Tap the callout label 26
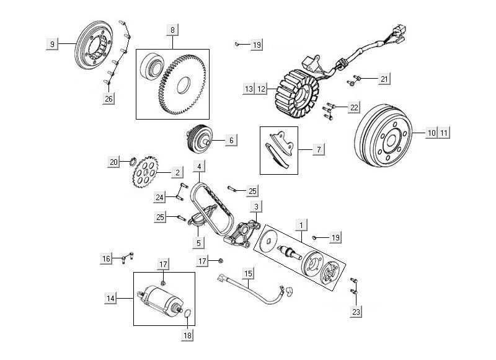tap(109, 98)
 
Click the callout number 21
tap(384, 79)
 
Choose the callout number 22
tap(354, 108)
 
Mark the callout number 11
tap(444, 133)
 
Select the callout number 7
tap(319, 149)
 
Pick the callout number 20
tap(113, 162)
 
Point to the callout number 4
tap(199, 167)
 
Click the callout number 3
tap(257, 205)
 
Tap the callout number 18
tap(187, 335)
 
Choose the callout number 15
tap(248, 273)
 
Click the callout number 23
tap(356, 312)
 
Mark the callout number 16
tap(107, 258)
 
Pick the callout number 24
tap(160, 197)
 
